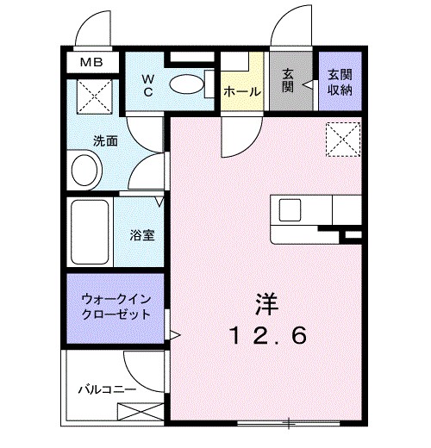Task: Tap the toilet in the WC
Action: tap(184, 84)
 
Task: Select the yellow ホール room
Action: tap(241, 90)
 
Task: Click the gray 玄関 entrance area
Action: tap(289, 82)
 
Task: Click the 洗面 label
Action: tap(106, 140)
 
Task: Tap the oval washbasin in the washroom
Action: tap(84, 170)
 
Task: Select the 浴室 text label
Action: tap(142, 234)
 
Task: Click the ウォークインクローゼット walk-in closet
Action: tap(116, 307)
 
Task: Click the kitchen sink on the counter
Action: tap(288, 209)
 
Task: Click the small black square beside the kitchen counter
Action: tap(350, 233)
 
